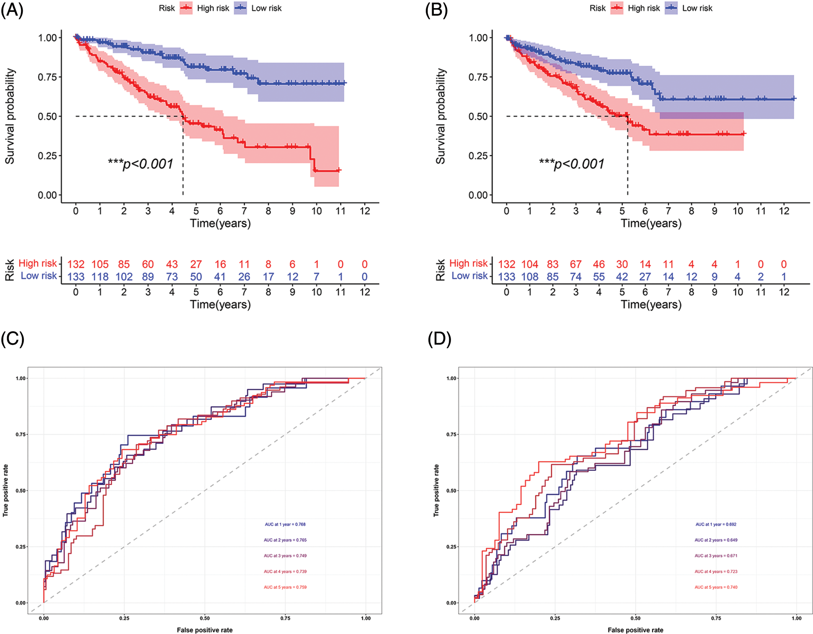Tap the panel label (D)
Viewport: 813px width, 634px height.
point(439,339)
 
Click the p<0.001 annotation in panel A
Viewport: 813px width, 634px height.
point(141,164)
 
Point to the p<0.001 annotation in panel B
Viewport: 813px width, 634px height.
point(572,164)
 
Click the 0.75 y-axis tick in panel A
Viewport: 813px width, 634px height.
point(47,77)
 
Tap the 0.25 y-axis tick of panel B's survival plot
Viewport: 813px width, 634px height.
point(478,156)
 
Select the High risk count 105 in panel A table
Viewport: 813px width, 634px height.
point(100,264)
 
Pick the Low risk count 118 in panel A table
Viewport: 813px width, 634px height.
point(100,277)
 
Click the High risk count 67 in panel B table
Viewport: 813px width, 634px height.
point(576,264)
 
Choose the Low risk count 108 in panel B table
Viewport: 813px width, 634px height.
point(530,277)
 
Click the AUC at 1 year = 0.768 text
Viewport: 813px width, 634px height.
point(285,524)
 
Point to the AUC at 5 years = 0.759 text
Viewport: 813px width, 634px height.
point(285,587)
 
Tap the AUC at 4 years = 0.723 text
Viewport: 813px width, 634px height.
point(716,572)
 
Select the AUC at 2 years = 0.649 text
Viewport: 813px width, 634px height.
point(716,540)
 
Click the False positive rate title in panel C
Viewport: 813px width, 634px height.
point(205,630)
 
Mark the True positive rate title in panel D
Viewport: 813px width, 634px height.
point(436,490)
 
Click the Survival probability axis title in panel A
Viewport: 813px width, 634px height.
point(10,116)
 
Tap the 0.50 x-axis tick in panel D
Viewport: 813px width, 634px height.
point(635,618)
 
